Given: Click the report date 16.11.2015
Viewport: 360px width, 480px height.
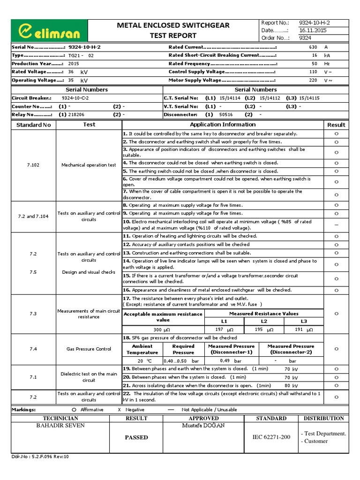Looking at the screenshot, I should click(x=301, y=30).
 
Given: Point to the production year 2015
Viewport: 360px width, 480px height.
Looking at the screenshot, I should click(x=74, y=63).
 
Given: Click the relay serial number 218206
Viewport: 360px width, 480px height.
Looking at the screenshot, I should click(x=76, y=114).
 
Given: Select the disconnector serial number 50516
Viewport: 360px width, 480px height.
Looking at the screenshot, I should click(x=226, y=114).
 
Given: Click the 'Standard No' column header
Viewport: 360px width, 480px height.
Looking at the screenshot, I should click(x=33, y=125).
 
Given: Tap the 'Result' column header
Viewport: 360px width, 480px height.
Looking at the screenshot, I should click(x=336, y=125).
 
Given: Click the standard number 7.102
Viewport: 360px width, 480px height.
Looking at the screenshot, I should click(x=33, y=165).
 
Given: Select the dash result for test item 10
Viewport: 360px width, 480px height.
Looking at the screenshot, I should click(x=336, y=225).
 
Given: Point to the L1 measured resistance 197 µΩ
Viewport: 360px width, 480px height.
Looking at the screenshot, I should click(x=223, y=330).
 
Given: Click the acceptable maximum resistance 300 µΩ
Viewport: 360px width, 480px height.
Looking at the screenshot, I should click(x=163, y=330).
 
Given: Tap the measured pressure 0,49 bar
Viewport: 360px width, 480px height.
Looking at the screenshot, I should click(x=230, y=361).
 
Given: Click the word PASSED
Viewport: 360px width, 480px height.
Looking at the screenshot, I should click(x=136, y=437).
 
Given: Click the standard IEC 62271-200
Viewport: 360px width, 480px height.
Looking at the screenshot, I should click(x=271, y=437).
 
